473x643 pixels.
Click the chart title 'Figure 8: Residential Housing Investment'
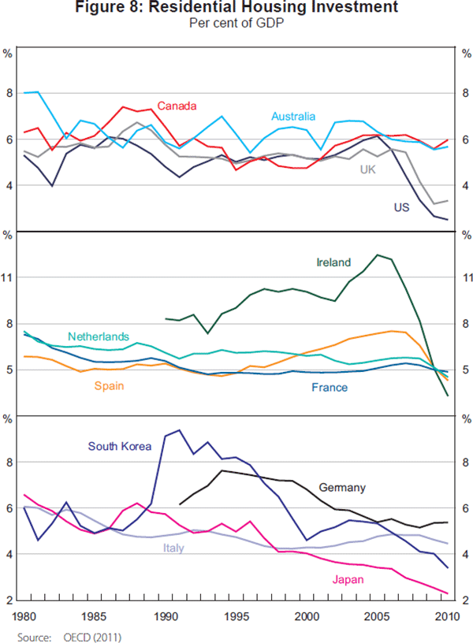click(x=236, y=9)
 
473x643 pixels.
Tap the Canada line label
click(x=177, y=106)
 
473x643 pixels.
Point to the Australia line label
click(x=293, y=116)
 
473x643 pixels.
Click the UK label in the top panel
click(x=368, y=169)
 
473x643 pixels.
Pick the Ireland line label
click(x=333, y=262)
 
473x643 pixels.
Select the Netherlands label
click(x=99, y=336)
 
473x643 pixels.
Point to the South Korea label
click(x=118, y=447)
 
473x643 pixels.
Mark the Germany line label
click(x=343, y=488)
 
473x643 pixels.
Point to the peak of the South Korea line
click(x=180, y=429)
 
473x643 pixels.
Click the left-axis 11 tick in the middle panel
click(x=9, y=277)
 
